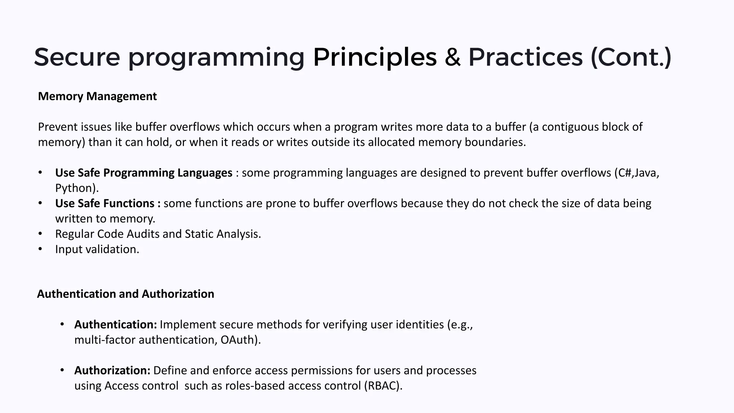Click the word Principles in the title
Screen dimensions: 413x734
[x=375, y=57]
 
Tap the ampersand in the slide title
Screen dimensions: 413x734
[x=453, y=57]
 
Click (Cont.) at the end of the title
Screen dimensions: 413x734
[x=631, y=57]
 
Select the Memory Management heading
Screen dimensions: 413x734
[x=97, y=96]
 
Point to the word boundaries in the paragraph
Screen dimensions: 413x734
[x=495, y=142]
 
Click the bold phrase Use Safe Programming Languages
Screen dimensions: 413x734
[x=144, y=173]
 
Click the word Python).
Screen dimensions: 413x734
[x=77, y=188]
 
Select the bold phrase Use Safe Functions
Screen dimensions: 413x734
[x=108, y=204]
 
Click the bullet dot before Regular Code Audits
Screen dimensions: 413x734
[x=40, y=234]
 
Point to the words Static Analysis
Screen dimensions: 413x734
[x=223, y=234]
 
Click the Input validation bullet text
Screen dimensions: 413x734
[x=97, y=249]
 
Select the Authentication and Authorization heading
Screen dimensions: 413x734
[x=125, y=294]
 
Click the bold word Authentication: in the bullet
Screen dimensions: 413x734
[x=115, y=324]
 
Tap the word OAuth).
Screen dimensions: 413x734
[x=240, y=340]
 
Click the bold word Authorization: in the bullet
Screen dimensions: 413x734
[x=112, y=370]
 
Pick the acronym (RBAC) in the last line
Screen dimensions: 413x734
[x=383, y=386]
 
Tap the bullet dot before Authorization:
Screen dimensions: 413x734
[x=62, y=370]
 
